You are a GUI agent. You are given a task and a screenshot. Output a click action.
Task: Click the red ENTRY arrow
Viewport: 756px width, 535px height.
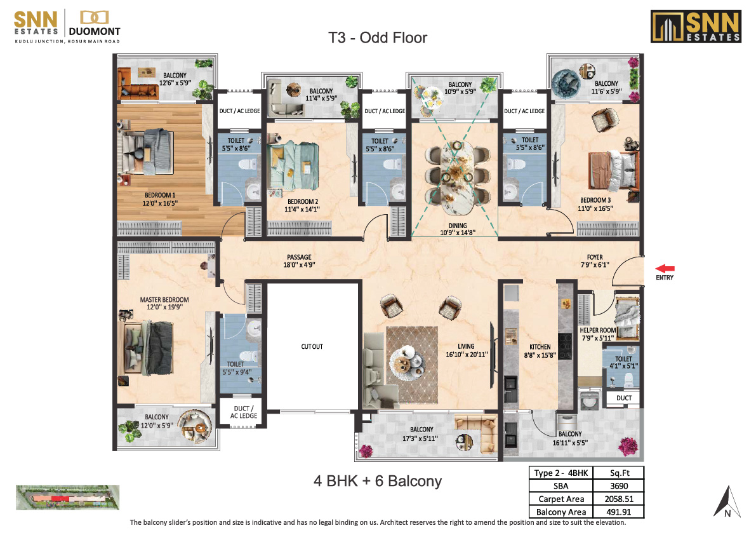(665, 269)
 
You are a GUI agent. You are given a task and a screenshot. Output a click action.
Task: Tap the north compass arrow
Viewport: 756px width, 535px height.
(727, 502)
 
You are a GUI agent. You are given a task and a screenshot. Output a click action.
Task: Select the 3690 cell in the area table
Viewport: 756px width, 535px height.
(619, 486)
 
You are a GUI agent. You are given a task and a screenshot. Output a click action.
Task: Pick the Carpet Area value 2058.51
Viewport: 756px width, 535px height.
(619, 499)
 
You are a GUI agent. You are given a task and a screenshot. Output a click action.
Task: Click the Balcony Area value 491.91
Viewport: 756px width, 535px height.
(619, 512)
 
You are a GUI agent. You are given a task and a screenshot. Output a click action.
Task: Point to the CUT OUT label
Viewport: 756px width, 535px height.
(312, 346)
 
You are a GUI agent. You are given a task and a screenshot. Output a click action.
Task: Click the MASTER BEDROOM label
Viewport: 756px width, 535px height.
(164, 299)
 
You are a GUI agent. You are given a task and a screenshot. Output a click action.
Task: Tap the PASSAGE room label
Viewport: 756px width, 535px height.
(300, 257)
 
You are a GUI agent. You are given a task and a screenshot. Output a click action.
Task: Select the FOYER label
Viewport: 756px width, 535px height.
(595, 257)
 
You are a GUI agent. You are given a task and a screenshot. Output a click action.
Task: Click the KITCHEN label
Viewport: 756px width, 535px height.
(540, 347)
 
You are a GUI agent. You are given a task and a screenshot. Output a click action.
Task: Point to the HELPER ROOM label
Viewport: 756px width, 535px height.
(598, 330)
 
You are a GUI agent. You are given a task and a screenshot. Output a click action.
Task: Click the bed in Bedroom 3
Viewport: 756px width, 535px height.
(613, 170)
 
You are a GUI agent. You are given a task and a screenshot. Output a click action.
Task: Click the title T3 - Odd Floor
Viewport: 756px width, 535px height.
(378, 37)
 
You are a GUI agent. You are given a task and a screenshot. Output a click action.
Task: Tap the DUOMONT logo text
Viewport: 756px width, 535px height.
(95, 31)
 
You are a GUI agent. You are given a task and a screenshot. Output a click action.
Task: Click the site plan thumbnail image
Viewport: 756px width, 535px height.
(67, 498)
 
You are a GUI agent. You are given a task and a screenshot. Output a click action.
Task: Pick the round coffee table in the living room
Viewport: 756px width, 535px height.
(406, 360)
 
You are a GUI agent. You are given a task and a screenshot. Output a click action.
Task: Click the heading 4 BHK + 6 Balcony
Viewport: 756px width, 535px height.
(378, 481)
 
